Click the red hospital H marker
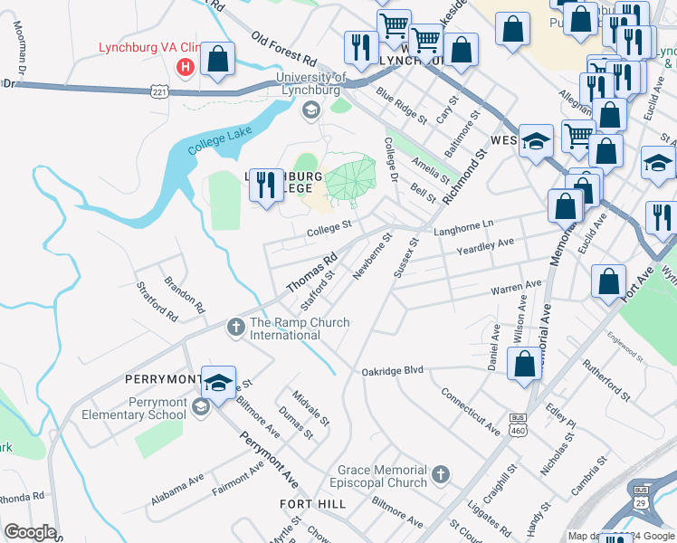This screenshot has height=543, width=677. (186, 67)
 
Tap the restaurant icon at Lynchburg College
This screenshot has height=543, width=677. (265, 185)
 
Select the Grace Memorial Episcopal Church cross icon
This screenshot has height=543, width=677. (440, 475)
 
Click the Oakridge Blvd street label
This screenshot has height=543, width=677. (393, 370)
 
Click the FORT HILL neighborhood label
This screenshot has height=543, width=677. (312, 503)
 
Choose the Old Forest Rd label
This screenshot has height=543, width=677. (284, 50)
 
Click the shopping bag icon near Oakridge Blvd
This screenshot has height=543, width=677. (525, 364)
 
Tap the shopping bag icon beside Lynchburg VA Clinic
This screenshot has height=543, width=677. (218, 59)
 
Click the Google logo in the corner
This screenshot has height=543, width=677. (30, 532)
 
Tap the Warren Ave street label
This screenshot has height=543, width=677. (515, 289)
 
